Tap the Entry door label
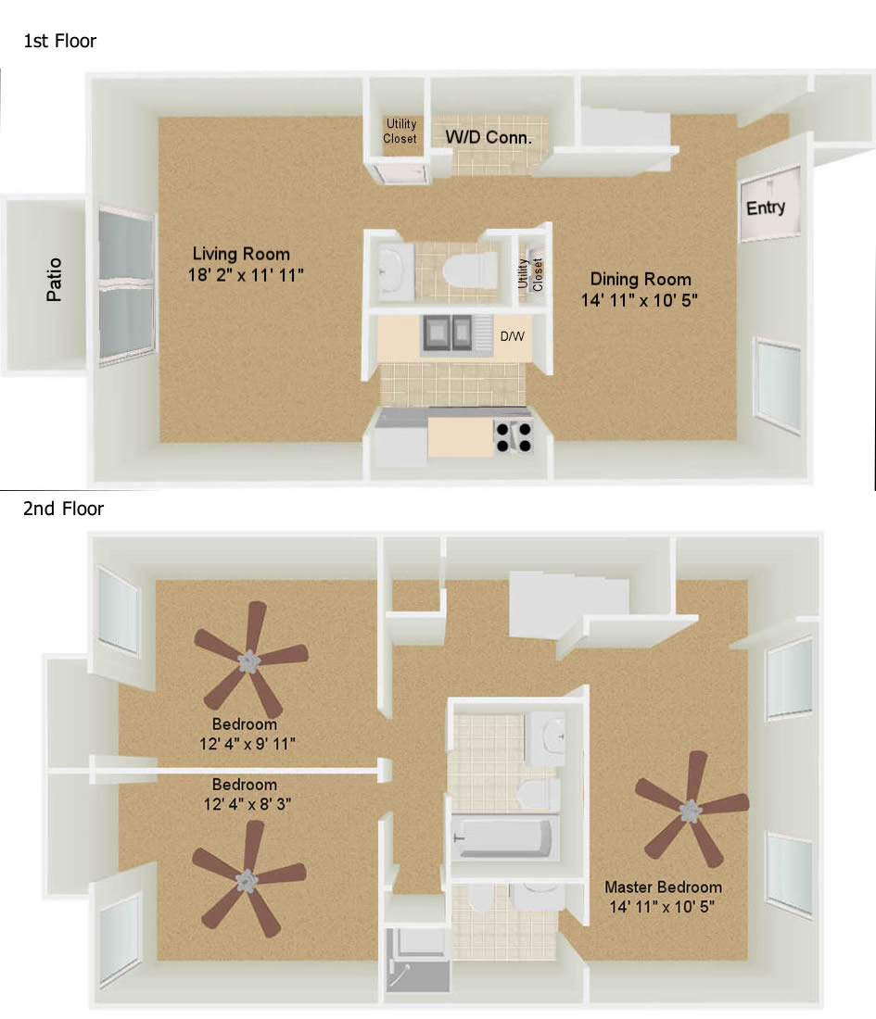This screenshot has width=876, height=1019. [766, 208]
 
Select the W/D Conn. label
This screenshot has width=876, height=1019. [489, 137]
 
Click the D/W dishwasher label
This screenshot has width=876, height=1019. [512, 336]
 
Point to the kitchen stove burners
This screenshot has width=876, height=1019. [514, 436]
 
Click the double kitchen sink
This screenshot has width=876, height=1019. [448, 333]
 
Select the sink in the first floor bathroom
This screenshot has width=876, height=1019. [395, 271]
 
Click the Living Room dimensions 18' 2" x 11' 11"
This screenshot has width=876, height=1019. [246, 275]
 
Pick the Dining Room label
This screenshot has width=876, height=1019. [641, 279]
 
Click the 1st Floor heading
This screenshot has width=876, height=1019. [60, 41]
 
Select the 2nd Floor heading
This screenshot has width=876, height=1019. [63, 509]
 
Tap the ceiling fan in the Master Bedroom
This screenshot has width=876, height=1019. [692, 809]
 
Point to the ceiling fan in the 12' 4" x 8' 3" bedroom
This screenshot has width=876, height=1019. [248, 878]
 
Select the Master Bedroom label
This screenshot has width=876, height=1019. [664, 887]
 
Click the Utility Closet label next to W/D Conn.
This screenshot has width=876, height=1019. [400, 131]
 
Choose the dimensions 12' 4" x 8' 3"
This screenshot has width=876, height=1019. [248, 804]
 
